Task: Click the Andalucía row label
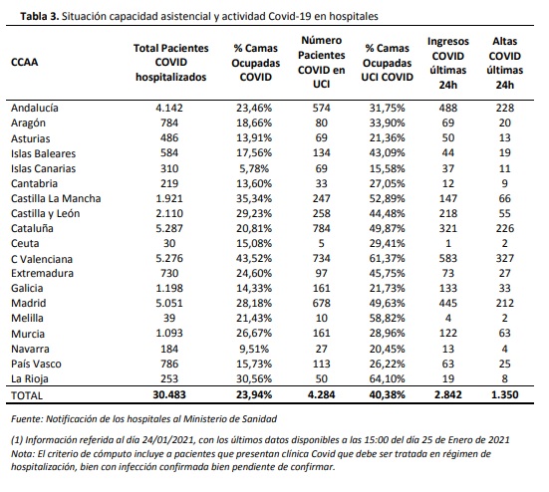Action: (34, 108)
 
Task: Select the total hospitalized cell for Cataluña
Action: (169, 228)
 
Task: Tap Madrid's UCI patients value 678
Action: (322, 303)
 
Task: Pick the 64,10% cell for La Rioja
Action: (387, 378)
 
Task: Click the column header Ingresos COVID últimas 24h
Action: (447, 63)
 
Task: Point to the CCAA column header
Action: (24, 63)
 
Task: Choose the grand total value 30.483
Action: (169, 395)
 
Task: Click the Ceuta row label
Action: (25, 244)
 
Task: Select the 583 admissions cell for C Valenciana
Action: (447, 259)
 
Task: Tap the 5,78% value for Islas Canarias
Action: (254, 168)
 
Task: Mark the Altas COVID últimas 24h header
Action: (504, 63)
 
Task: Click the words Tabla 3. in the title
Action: (40, 17)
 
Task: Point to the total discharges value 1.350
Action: (504, 395)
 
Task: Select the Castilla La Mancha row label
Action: (56, 199)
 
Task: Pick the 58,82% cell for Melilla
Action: (387, 318)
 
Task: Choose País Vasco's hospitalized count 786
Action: (169, 364)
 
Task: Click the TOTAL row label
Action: (27, 395)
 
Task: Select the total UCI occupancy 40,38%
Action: (387, 395)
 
